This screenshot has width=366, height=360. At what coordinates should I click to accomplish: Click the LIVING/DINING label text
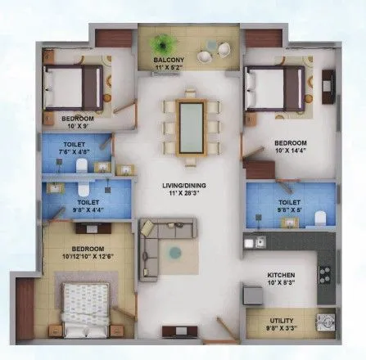tap(183, 186)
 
